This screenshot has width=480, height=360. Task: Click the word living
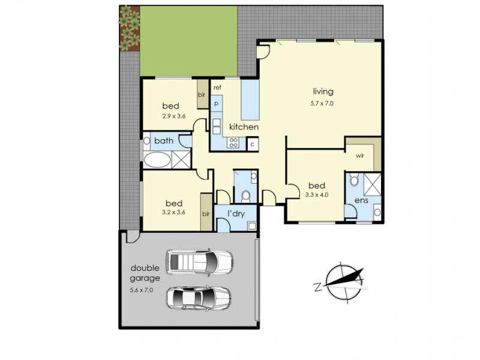click(322, 92)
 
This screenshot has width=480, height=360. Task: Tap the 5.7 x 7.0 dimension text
click(322, 103)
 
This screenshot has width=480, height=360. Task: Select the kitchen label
click(244, 127)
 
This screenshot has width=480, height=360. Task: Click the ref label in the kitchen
click(217, 88)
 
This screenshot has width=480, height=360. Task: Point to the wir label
click(360, 155)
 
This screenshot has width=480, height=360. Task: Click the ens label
click(361, 200)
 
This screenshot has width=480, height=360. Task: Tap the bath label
click(164, 141)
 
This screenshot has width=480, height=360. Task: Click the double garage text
click(145, 273)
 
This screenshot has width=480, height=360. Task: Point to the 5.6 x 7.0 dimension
click(145, 290)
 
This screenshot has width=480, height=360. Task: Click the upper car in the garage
click(200, 261)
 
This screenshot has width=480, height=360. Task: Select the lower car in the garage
click(199, 297)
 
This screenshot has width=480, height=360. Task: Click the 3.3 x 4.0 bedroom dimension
click(317, 196)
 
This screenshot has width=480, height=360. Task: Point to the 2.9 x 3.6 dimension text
click(175, 117)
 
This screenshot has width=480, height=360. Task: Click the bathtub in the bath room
click(157, 160)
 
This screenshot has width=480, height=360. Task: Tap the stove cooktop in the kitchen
click(233, 142)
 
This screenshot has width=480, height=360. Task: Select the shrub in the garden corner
click(128, 27)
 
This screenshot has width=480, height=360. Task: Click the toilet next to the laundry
click(245, 196)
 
